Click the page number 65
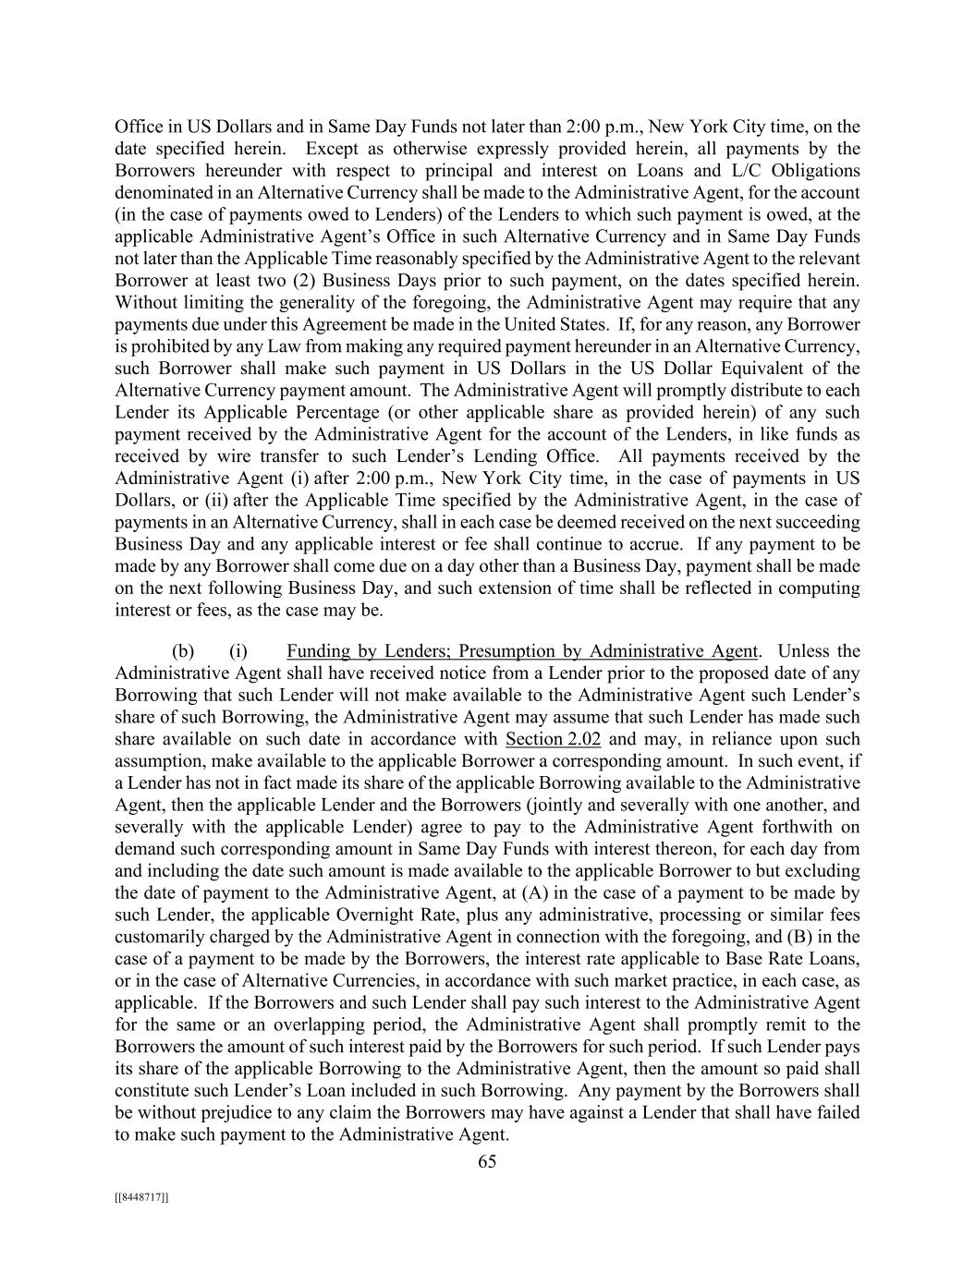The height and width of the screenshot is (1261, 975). coord(487,1161)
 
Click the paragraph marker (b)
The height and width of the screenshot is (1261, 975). coord(184,651)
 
